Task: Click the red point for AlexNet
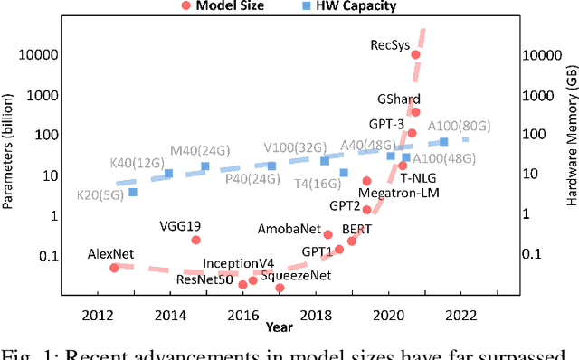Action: (x=114, y=268)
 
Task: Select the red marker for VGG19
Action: (x=196, y=240)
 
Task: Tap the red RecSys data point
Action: (x=415, y=54)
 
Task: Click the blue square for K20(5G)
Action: (x=133, y=192)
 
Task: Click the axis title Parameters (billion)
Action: (x=9, y=156)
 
